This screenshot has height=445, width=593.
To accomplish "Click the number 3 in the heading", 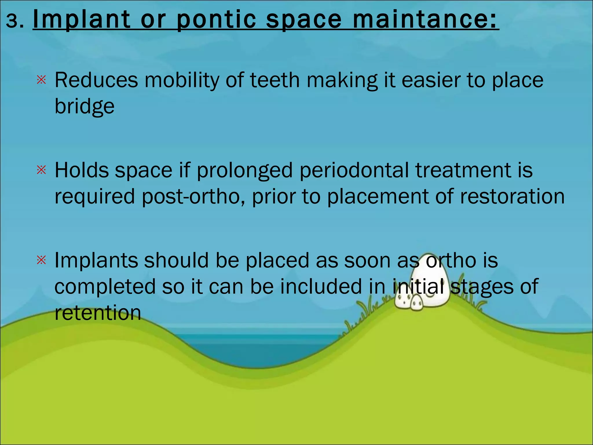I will [x=12, y=21].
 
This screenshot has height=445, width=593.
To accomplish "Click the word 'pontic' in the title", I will [x=216, y=20].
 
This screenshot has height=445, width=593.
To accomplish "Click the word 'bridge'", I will [x=85, y=107].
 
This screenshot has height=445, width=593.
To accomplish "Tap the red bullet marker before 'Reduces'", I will [x=42, y=80].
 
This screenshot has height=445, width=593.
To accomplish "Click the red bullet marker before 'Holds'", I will [x=42, y=170].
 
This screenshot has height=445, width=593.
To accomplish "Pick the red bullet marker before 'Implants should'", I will [x=42, y=260].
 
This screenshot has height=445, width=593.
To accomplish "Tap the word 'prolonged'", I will [x=245, y=171].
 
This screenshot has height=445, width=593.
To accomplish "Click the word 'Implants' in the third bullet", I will [x=96, y=261].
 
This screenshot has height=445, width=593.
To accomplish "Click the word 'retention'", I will [x=98, y=313].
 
